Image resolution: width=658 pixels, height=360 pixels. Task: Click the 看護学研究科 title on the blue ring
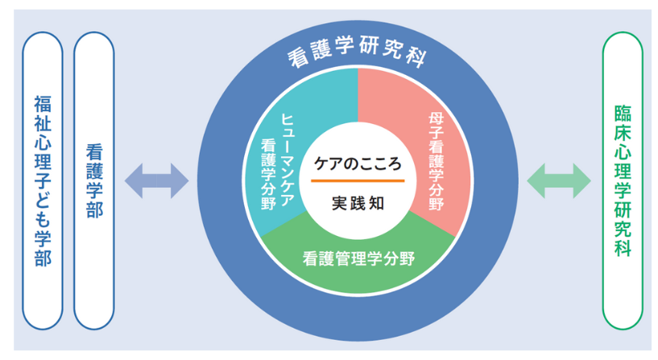(357, 52)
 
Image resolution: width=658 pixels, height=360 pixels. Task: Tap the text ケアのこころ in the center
(358, 164)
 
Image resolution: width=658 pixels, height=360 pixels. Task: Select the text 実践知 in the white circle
(358, 203)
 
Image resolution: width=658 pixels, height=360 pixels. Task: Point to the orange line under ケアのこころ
(358, 181)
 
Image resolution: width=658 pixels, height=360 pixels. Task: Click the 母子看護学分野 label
(437, 161)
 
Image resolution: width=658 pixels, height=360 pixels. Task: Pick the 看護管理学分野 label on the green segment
(358, 258)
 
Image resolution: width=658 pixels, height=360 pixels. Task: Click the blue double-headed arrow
(156, 181)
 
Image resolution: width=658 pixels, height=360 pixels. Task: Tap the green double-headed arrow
(559, 181)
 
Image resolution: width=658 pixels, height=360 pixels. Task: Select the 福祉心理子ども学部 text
(43, 181)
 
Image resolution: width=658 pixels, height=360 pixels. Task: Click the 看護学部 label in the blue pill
(94, 181)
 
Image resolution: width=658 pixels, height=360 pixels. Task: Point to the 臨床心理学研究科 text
(623, 181)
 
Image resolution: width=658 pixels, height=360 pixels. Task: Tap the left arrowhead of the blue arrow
(134, 181)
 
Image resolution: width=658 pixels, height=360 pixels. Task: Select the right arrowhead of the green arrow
(581, 181)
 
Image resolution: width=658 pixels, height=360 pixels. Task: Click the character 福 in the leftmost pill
(43, 105)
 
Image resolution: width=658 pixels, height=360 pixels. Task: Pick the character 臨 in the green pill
(623, 114)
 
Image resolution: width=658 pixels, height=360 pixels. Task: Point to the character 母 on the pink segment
(437, 119)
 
